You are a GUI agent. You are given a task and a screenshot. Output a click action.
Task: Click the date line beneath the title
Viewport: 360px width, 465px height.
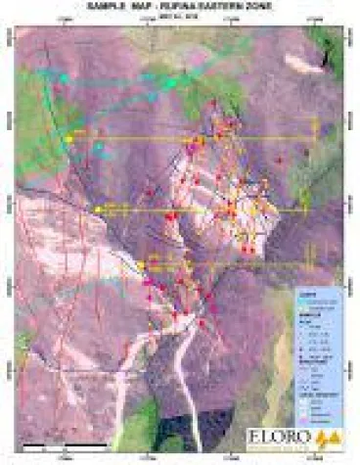pyautogui.click(x=180, y=14)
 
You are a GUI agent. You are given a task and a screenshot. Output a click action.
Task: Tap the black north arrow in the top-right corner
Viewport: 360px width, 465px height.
pyautogui.click(x=325, y=60)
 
